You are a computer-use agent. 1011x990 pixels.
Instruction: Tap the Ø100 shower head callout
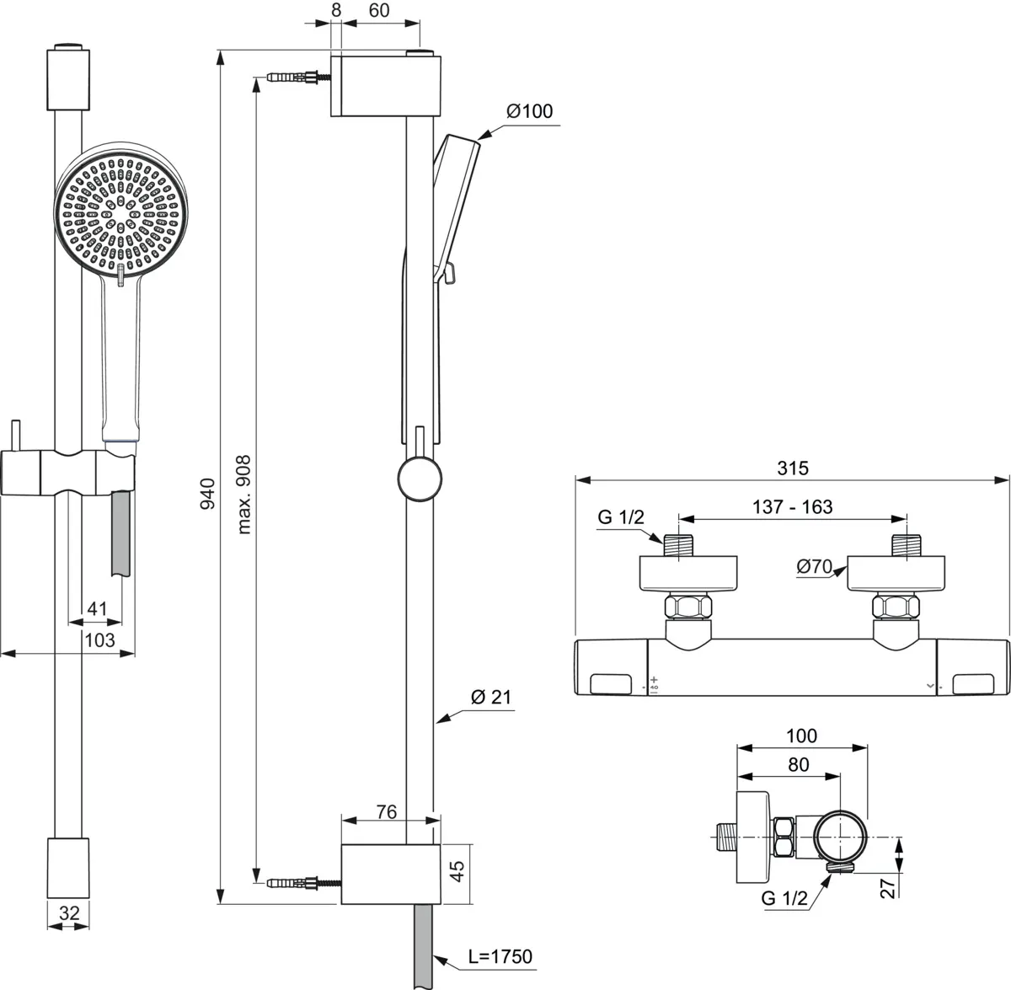(x=529, y=111)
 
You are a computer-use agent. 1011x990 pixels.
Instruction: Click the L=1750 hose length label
(x=500, y=956)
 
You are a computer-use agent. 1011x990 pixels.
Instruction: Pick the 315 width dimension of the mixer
(x=792, y=468)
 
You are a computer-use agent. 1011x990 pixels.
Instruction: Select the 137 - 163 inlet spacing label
(x=792, y=506)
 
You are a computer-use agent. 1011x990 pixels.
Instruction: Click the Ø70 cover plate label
(x=814, y=567)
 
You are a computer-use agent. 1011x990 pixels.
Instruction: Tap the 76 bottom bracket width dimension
(x=386, y=812)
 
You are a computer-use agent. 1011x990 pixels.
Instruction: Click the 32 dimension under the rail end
(x=69, y=912)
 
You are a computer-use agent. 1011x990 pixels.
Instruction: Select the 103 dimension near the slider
(x=99, y=640)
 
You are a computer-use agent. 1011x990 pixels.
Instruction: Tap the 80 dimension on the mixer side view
(x=798, y=764)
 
